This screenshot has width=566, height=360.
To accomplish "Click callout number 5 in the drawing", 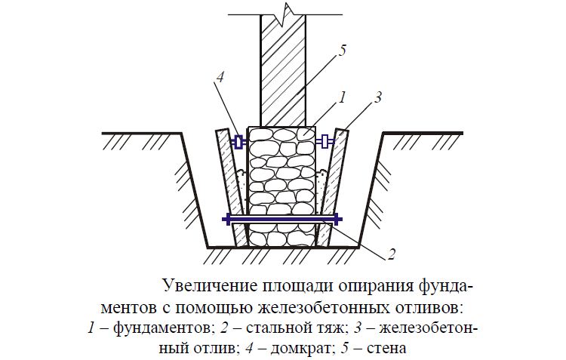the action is click(342, 51).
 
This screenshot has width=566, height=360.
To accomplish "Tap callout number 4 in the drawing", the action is click(220, 77).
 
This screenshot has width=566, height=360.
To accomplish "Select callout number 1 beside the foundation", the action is click(342, 97).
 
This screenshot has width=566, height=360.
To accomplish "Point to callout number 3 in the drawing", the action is click(377, 97).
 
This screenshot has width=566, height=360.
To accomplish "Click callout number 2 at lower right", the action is click(391, 254).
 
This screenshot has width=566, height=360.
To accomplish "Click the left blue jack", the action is click(238, 142).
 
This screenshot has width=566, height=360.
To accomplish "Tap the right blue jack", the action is click(325, 142).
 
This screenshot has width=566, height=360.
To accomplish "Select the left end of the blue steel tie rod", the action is click(224, 219).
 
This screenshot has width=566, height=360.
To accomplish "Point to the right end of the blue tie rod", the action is click(340, 219).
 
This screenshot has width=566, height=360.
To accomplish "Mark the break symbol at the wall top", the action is click(285, 15).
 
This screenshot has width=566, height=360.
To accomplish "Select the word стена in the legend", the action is click(386, 349).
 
